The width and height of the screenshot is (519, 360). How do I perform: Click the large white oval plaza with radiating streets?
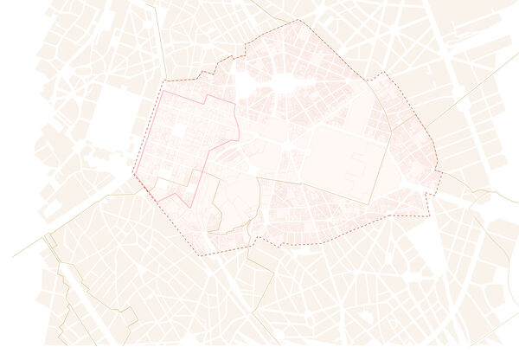pyautogui.click(x=284, y=82)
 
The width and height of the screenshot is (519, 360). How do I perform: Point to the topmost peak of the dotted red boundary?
pyautogui.click(x=298, y=20)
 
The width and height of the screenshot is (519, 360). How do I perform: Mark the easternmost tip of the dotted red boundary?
pyautogui.click(x=441, y=172)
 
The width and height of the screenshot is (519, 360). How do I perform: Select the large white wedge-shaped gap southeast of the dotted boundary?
pyautogui.click(x=427, y=242)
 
